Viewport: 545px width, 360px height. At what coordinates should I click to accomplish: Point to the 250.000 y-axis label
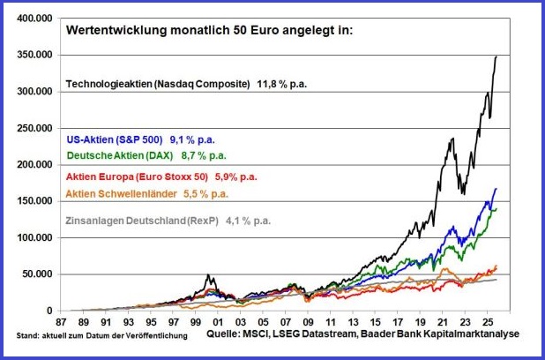point(33,128)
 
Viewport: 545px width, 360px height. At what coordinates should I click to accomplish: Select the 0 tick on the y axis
point(49,311)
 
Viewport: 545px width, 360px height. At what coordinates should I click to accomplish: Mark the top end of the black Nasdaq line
point(496,56)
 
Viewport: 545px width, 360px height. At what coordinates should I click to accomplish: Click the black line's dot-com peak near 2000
point(208,275)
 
